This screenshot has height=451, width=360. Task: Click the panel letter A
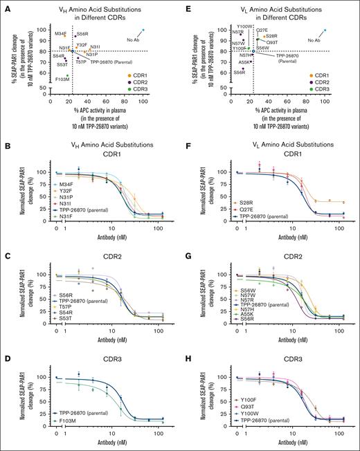6,6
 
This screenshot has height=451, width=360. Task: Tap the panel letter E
188,6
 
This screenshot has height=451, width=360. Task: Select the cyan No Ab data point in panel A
143,30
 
